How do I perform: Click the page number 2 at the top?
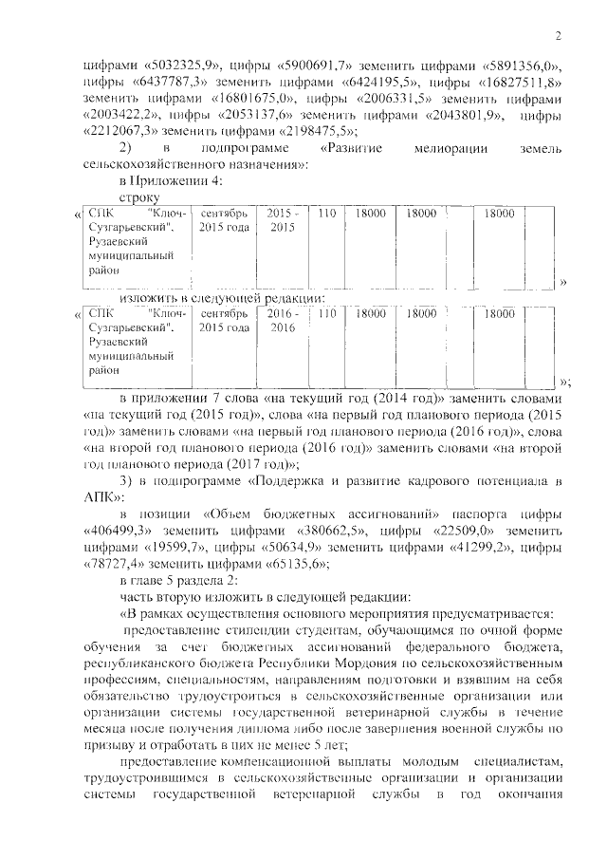click(559, 37)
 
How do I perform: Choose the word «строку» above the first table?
click(139, 196)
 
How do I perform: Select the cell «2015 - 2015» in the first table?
click(282, 221)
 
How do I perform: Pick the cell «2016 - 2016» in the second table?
click(282, 319)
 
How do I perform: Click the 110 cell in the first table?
click(326, 214)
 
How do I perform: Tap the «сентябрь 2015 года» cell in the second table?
click(224, 319)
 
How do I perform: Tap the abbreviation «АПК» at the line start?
click(99, 496)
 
